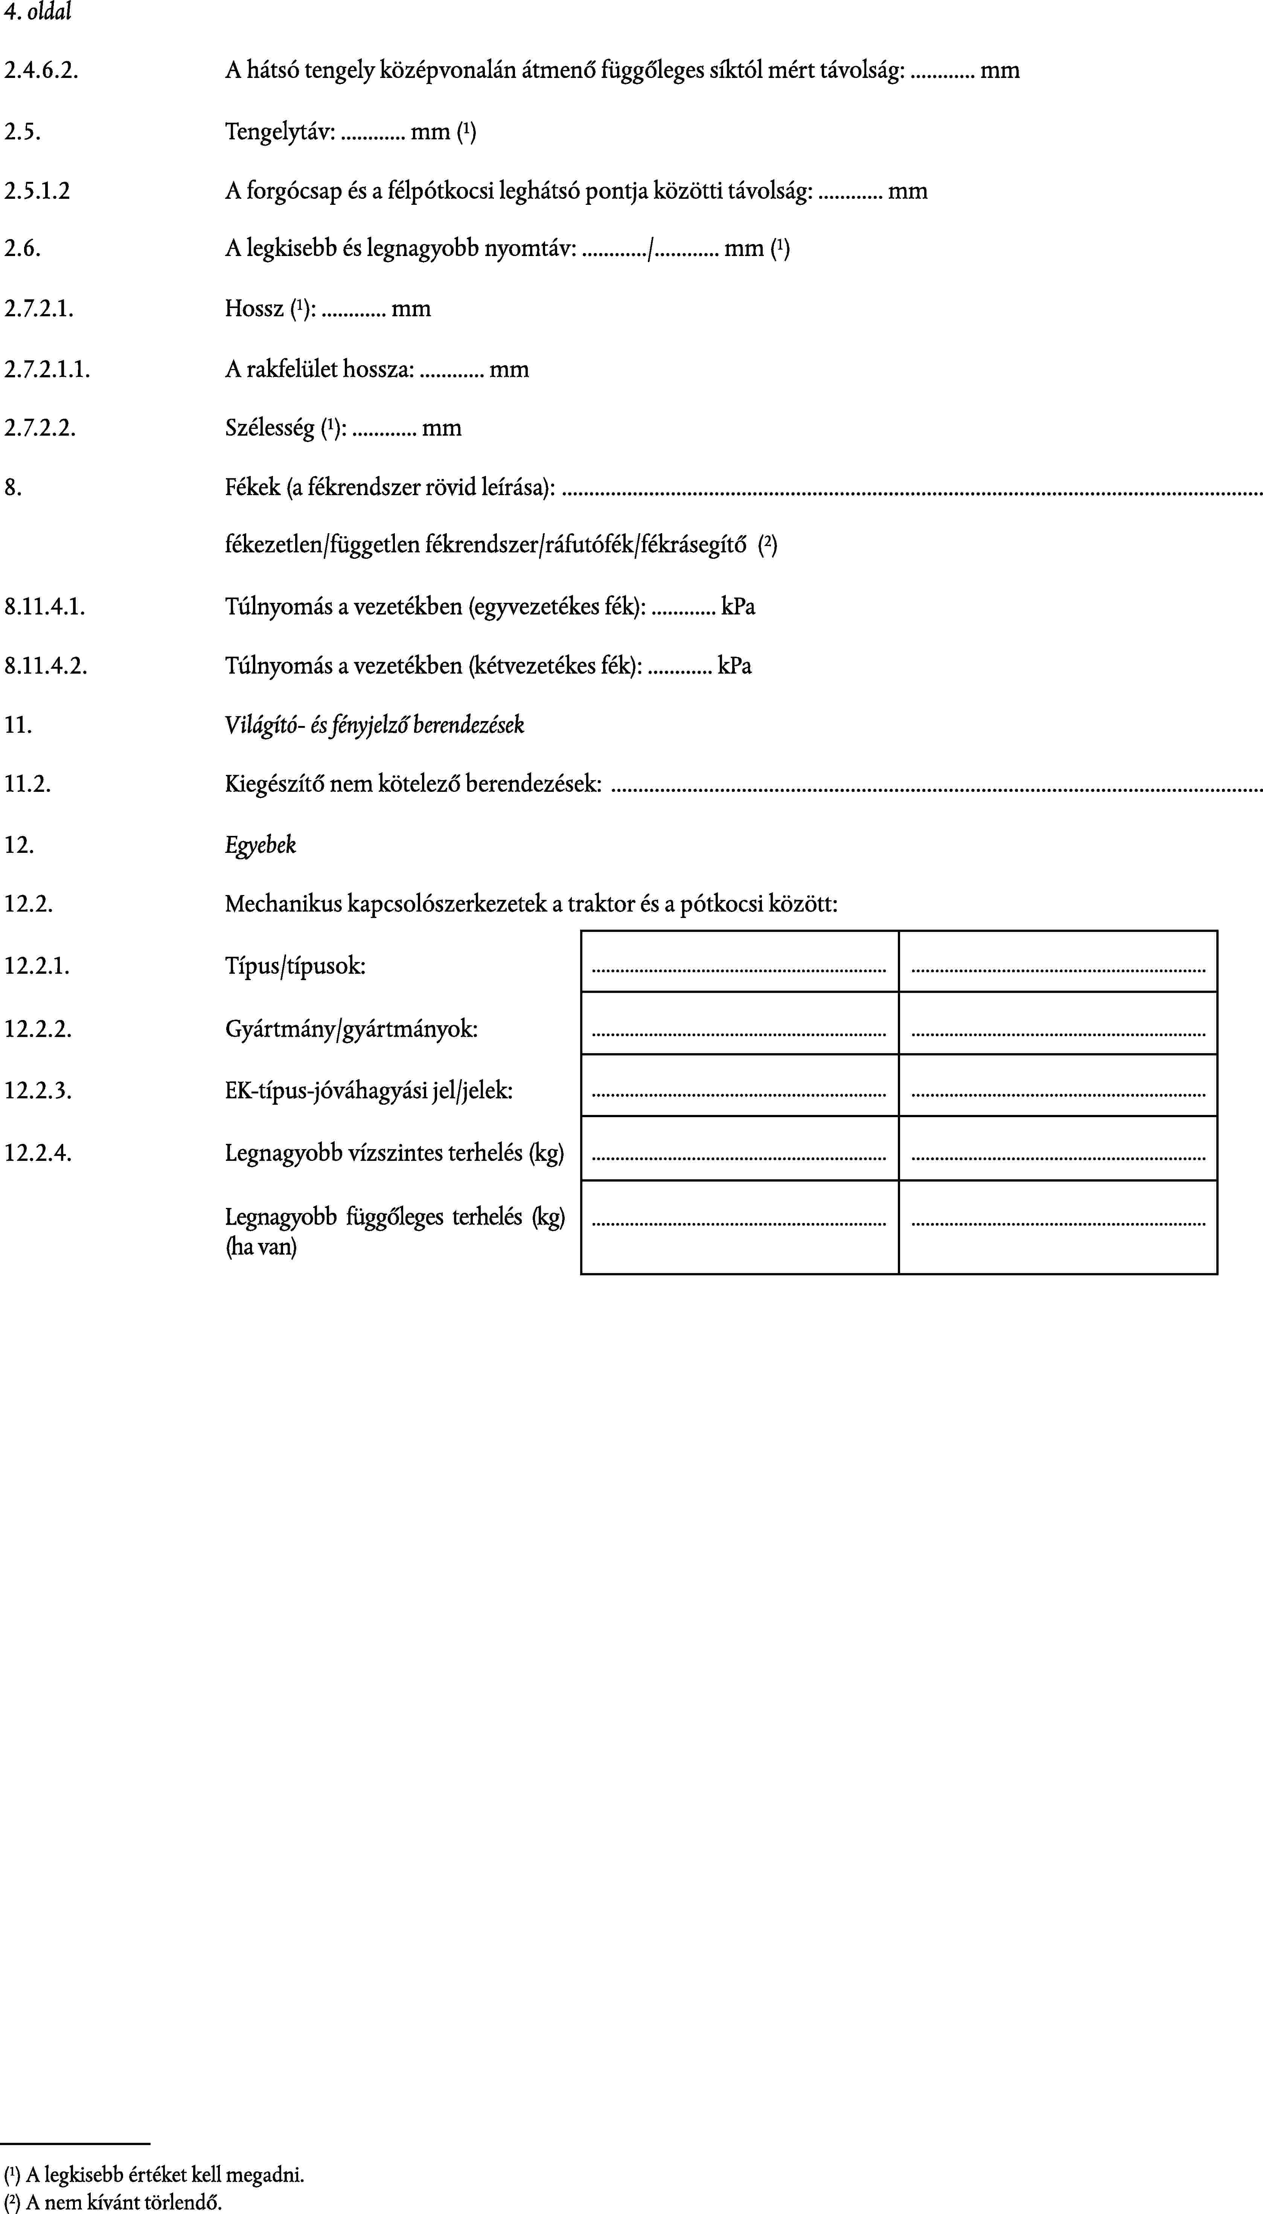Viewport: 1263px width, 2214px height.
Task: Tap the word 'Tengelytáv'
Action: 279,132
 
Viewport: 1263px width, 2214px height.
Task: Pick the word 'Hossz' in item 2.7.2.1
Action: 253,309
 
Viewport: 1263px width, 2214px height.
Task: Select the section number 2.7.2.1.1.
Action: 47,370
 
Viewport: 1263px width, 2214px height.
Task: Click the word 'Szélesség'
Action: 269,428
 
